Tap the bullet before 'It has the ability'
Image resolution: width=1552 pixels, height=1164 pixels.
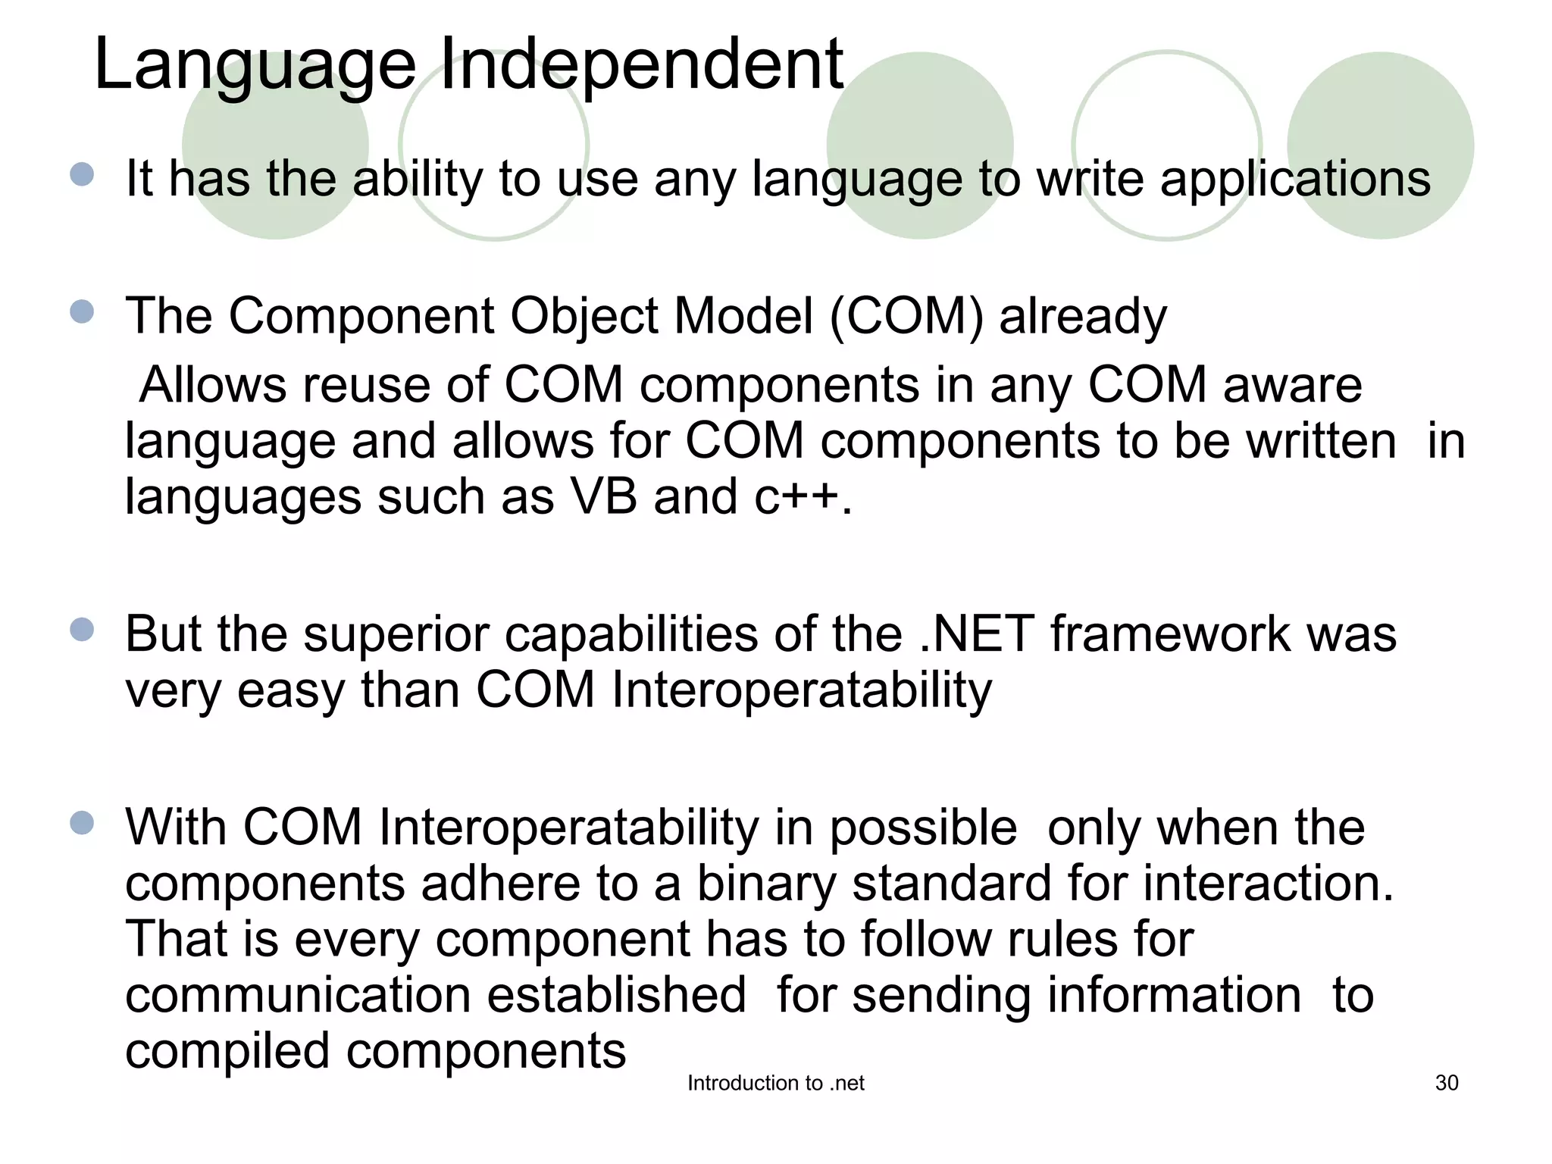(82, 175)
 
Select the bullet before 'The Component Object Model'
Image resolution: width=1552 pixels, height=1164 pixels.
(82, 311)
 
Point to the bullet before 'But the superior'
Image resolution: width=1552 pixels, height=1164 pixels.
(82, 630)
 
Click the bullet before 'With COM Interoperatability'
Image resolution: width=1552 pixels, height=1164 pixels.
(82, 823)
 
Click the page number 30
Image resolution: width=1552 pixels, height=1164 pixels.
(1446, 1083)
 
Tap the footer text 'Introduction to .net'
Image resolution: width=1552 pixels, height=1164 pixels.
(775, 1084)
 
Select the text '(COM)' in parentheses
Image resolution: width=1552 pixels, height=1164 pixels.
(906, 316)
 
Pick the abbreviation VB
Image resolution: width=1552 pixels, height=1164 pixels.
(603, 498)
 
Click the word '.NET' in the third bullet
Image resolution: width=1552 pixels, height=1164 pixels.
(976, 634)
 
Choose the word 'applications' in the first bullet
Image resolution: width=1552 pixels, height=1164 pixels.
(1294, 180)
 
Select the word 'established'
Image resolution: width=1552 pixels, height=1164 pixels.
(616, 996)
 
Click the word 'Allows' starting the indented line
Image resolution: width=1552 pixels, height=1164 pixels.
(212, 385)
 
